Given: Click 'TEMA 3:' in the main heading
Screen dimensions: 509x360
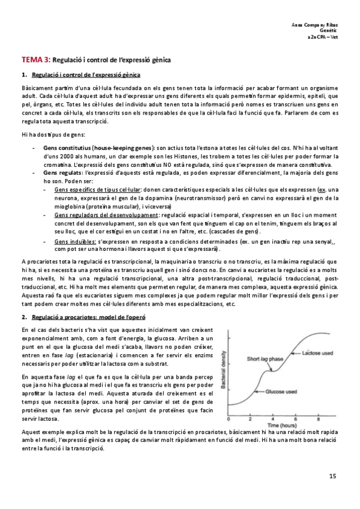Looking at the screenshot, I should coord(36,60).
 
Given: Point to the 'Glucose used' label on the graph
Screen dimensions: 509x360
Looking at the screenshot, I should coord(283,391).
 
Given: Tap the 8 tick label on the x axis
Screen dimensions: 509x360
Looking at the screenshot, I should coord(318,418).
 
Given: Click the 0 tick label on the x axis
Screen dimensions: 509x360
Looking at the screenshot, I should coord(230,418).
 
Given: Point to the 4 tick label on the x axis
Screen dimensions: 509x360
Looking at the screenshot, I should coord(274,418).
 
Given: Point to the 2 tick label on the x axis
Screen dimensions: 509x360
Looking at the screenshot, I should coord(252,418).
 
